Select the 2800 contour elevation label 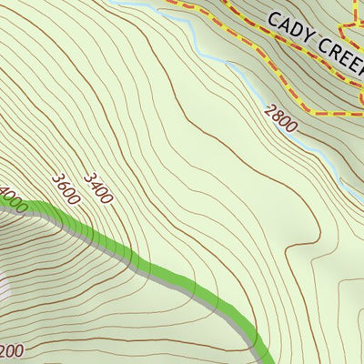coord(281,118)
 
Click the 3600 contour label coord(66,189)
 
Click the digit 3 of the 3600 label coord(57,178)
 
